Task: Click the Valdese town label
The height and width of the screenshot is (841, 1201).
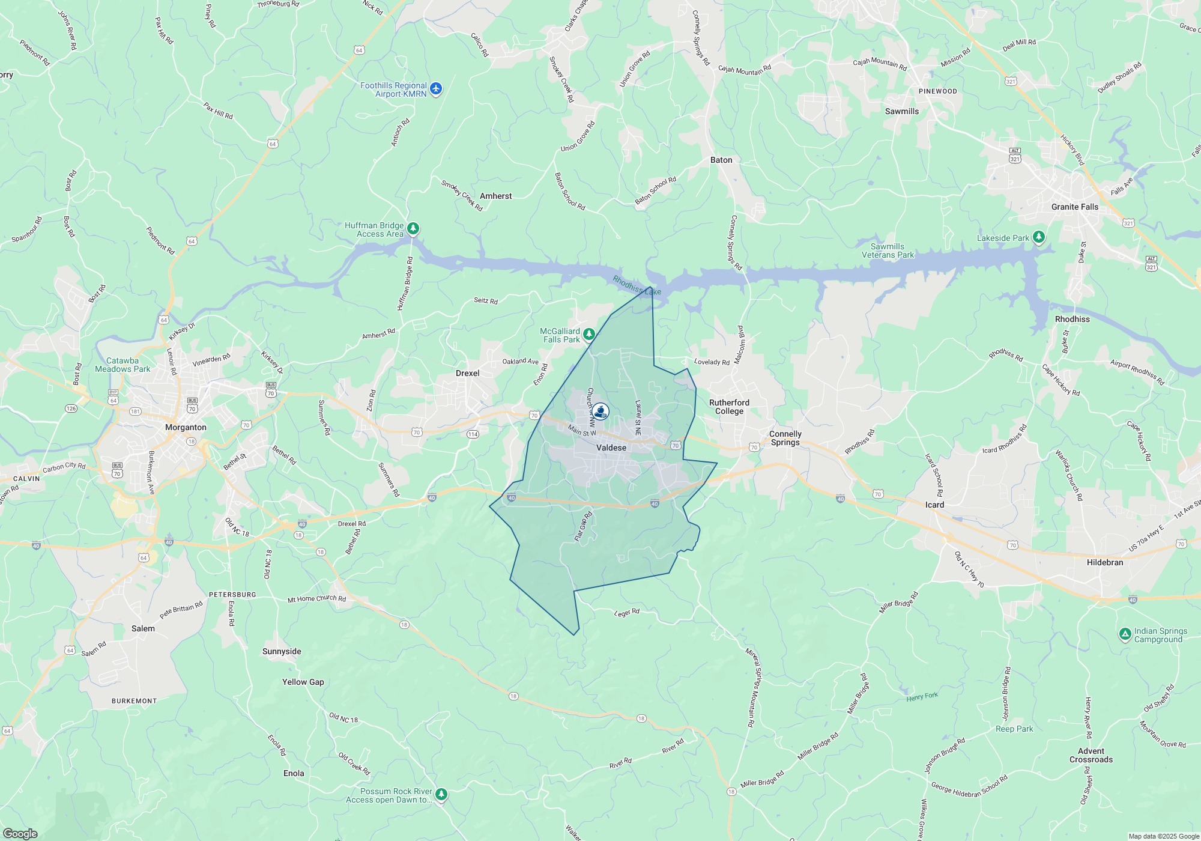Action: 611,448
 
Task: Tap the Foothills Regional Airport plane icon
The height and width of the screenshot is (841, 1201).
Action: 436,89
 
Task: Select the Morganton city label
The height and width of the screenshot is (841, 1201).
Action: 186,427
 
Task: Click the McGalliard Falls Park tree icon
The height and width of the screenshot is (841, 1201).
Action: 589,334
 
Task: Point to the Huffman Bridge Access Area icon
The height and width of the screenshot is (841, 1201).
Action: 413,228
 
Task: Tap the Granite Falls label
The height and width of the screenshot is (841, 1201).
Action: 1075,207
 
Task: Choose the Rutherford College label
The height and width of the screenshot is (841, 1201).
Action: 729,407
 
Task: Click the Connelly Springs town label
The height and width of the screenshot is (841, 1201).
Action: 785,438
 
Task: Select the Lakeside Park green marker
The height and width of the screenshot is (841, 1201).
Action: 1039,237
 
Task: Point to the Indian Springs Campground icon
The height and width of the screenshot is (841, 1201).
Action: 1125,634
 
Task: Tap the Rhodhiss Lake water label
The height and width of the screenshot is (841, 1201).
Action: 637,285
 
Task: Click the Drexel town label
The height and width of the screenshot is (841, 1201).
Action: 467,373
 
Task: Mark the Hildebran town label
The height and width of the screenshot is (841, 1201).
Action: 1105,562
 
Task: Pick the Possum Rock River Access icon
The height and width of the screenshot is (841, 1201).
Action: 441,794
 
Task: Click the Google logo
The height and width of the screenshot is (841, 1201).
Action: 20,833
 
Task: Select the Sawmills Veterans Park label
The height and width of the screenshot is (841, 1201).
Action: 888,250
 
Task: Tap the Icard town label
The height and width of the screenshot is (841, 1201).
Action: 934,505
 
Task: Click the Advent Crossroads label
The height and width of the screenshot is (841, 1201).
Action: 1091,755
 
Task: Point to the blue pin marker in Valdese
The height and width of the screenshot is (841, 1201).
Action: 600,411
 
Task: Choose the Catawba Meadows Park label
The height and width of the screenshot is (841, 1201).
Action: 123,365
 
